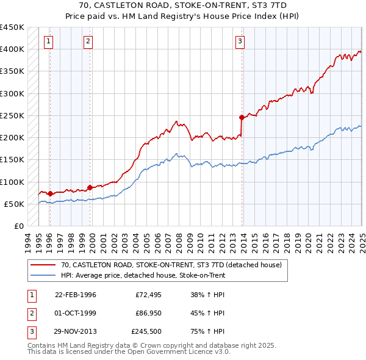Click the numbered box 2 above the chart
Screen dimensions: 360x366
88,41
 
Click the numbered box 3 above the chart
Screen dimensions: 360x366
240,41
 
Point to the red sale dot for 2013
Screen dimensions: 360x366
242,117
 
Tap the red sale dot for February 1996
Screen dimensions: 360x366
50,193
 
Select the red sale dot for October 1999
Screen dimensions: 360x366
90,187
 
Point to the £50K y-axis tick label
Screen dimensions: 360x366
14,204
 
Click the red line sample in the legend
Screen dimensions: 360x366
43,265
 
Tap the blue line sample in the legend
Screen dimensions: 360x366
43,275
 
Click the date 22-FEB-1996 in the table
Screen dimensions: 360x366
76,295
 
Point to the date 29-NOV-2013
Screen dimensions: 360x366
76,333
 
